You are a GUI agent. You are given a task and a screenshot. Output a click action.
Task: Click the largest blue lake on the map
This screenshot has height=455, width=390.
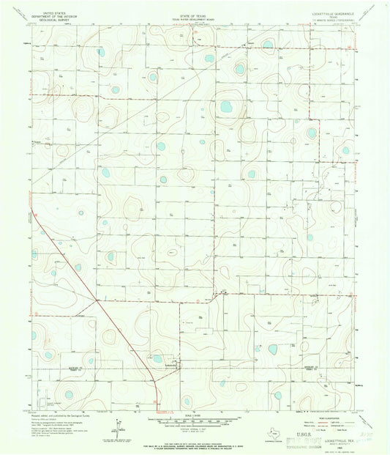pyautogui.click(x=226, y=107)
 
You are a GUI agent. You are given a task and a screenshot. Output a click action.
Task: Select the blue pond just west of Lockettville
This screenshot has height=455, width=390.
pyautogui.click(x=157, y=360)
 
